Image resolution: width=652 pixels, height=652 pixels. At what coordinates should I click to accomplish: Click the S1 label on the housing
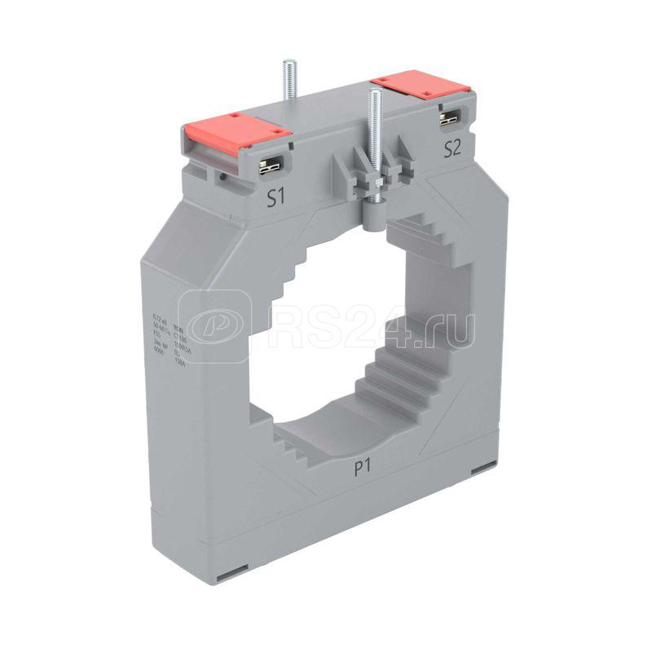[x=277, y=198]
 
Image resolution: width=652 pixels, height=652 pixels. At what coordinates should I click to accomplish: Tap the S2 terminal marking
[x=452, y=148]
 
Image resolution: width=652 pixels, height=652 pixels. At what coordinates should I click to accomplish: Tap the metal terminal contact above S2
[x=447, y=118]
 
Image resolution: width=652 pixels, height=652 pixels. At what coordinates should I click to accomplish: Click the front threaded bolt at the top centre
[x=375, y=130]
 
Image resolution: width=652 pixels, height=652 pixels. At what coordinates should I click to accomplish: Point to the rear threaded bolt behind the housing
[x=287, y=81]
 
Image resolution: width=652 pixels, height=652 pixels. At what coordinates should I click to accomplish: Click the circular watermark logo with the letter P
[x=214, y=325]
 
